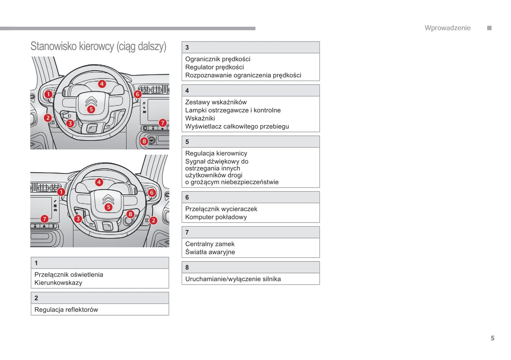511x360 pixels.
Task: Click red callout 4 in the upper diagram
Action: [x=102, y=84]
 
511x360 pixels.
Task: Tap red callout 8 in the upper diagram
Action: [x=144, y=141]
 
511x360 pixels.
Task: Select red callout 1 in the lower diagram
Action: [x=61, y=192]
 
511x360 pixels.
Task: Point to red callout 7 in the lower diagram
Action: [x=44, y=219]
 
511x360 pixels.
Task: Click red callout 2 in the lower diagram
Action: [x=153, y=220]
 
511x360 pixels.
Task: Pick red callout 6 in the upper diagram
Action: [x=138, y=94]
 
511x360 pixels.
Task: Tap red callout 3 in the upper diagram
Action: [x=70, y=123]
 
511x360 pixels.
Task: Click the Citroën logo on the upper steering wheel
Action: [x=91, y=101]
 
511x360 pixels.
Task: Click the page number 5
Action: [x=492, y=338]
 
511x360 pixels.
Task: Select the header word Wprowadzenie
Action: [x=447, y=28]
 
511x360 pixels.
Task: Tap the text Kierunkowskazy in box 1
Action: [x=58, y=283]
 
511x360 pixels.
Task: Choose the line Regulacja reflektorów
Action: [x=66, y=309]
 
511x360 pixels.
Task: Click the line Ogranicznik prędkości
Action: [x=217, y=59]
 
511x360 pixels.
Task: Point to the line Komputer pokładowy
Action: [x=216, y=217]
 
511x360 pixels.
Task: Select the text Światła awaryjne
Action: [x=210, y=252]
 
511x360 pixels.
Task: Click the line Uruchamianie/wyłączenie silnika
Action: [x=233, y=279]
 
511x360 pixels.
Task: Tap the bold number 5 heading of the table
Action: [x=187, y=142]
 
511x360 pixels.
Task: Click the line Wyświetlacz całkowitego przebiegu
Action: [x=237, y=126]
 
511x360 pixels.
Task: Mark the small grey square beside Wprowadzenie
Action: [x=489, y=28]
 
